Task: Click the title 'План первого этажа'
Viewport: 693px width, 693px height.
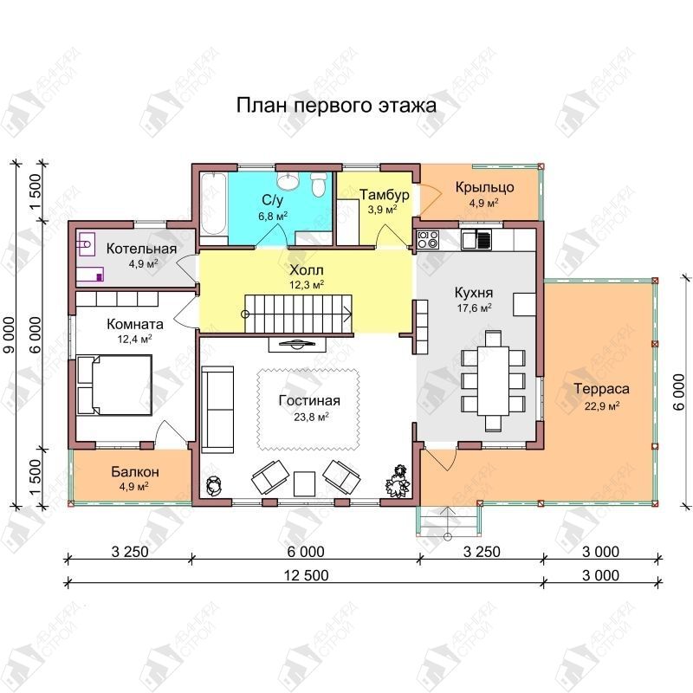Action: (x=336, y=105)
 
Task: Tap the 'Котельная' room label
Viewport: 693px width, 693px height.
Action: (x=141, y=249)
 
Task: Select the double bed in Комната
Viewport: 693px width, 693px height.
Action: (x=114, y=385)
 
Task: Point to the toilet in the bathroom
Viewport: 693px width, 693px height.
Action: (x=318, y=184)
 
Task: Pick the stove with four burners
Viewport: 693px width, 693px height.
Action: (x=427, y=240)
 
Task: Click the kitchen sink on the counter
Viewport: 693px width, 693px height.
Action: (x=476, y=240)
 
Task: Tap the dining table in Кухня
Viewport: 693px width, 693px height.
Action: (x=493, y=381)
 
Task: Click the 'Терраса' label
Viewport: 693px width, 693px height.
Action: (x=601, y=389)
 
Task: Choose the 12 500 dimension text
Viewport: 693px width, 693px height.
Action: (x=307, y=575)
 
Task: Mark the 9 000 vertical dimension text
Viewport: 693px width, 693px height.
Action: (x=10, y=335)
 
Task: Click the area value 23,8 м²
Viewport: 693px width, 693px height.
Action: (x=311, y=417)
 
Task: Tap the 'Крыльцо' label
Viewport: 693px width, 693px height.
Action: (x=485, y=187)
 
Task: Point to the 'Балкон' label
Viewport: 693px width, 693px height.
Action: (x=135, y=471)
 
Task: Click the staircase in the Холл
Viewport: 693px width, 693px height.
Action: (x=298, y=314)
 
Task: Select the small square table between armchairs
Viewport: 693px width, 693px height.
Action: (x=304, y=484)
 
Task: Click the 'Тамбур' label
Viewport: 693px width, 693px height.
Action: (x=384, y=194)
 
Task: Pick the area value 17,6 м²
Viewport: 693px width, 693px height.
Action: (x=474, y=308)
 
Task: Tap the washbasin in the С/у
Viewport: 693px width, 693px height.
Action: (x=288, y=180)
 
